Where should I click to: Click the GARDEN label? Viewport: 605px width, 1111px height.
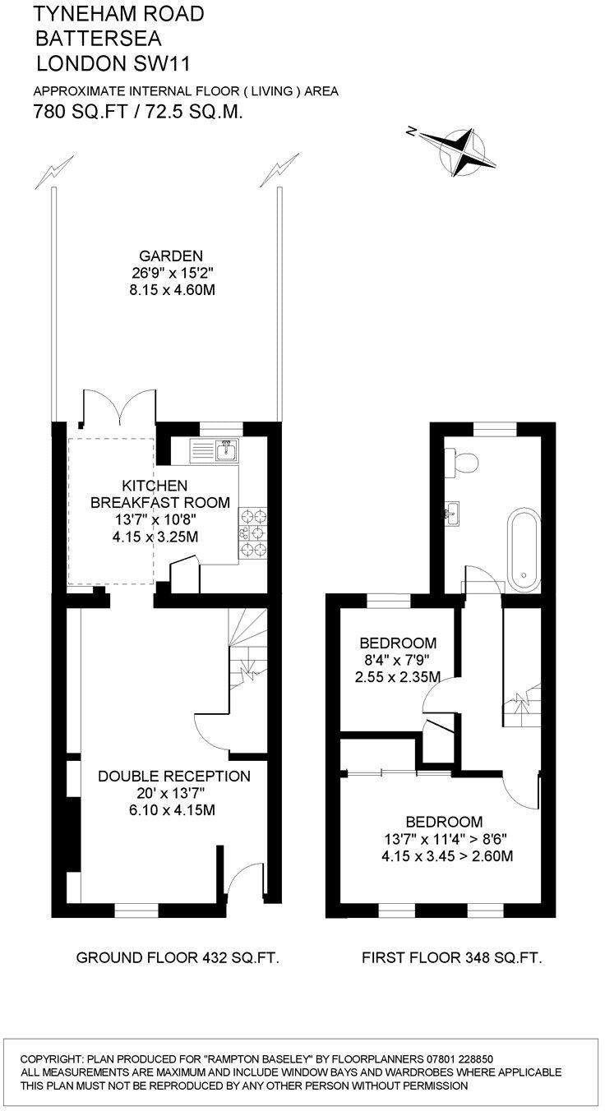(x=170, y=256)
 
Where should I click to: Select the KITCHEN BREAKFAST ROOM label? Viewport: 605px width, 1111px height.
(x=159, y=494)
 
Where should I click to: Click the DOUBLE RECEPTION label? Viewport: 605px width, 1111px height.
(x=173, y=776)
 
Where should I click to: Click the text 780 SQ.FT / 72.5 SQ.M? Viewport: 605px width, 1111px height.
(x=137, y=112)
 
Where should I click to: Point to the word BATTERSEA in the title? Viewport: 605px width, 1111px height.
(x=99, y=38)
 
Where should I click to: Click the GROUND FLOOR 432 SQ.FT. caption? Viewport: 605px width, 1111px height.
(x=178, y=957)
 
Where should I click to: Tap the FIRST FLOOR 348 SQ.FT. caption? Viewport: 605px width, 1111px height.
(x=451, y=957)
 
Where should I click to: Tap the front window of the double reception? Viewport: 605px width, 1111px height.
(x=136, y=910)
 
